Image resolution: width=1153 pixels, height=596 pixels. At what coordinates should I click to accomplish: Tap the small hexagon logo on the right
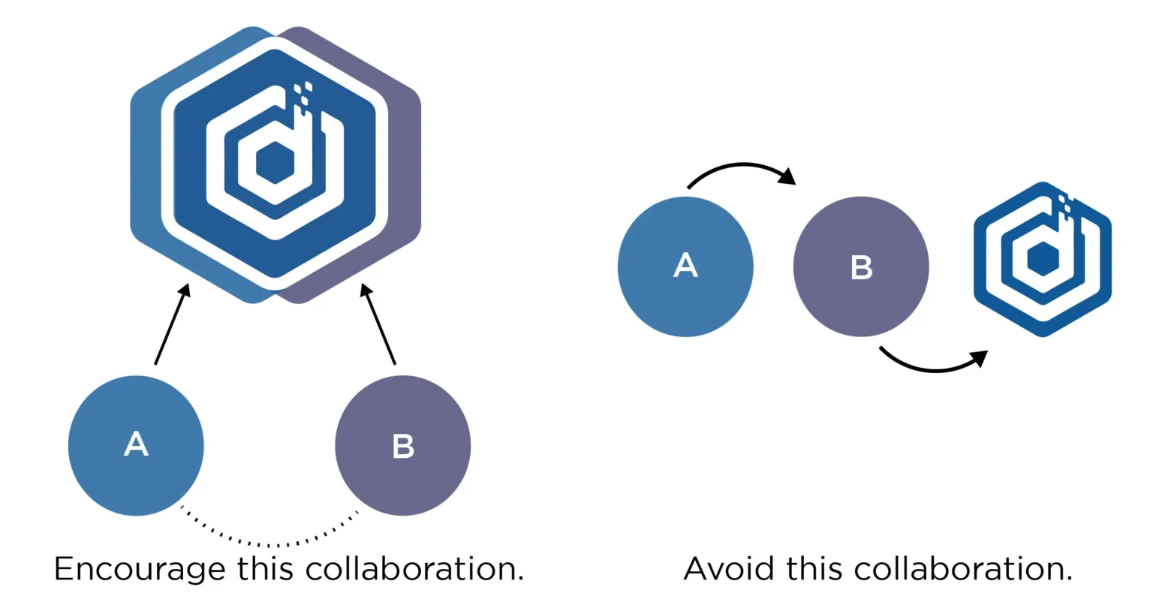1043,259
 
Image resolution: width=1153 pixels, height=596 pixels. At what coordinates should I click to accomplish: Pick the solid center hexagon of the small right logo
1043,259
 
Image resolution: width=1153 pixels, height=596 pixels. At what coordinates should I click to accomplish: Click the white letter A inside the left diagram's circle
136,444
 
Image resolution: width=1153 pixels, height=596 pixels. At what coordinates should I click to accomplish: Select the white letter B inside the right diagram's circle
861,267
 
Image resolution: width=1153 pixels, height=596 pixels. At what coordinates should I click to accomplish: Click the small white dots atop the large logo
302,94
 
